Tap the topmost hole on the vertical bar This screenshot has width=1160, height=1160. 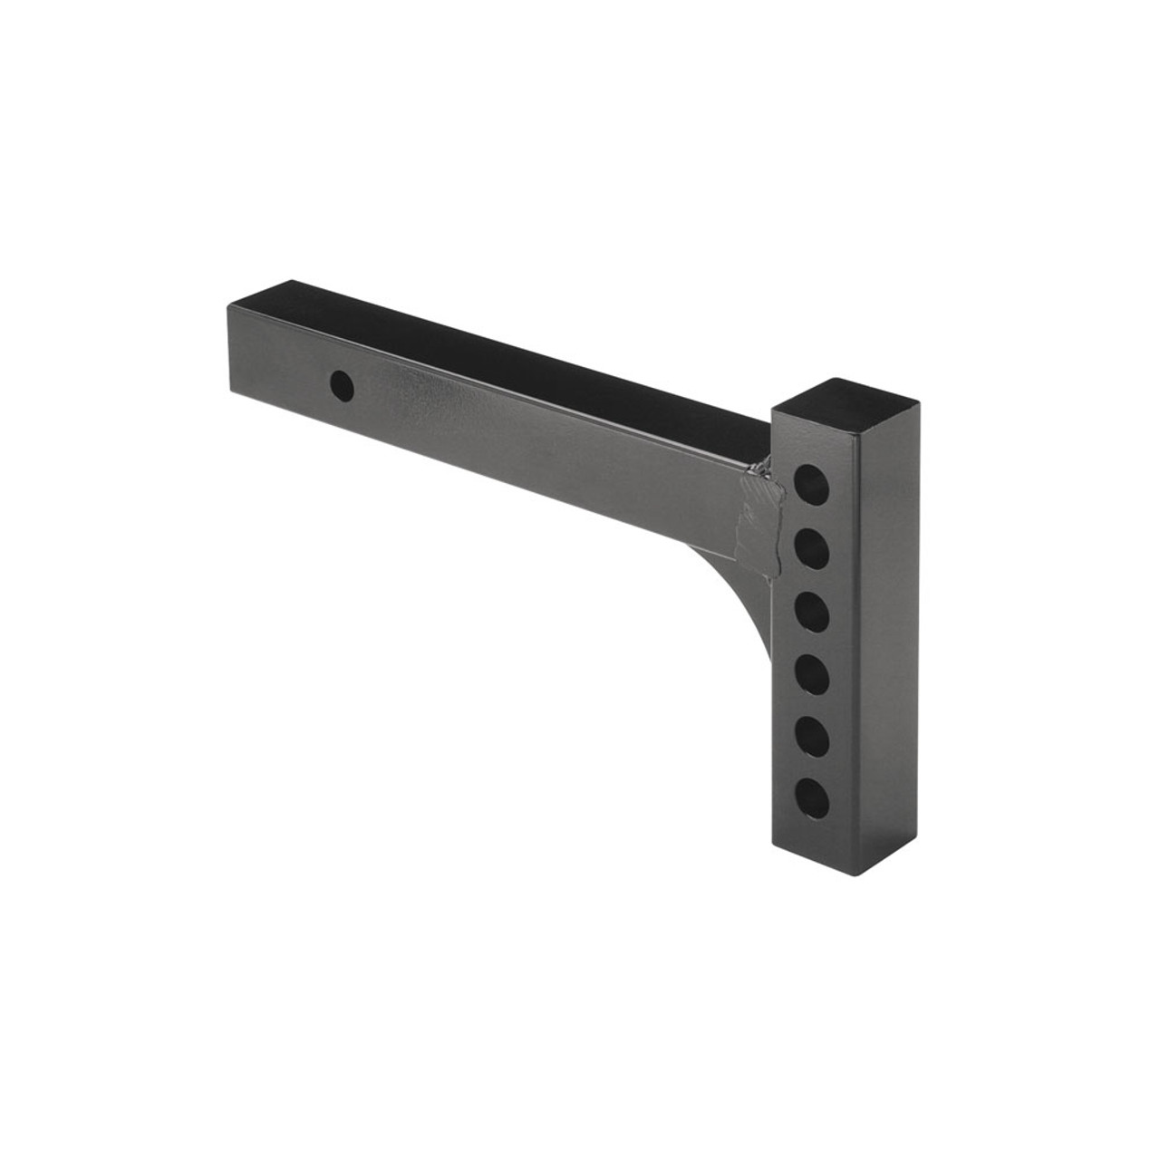point(812,479)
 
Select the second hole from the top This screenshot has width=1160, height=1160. point(813,546)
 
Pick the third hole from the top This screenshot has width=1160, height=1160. point(814,609)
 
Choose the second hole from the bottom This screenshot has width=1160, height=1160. point(815,733)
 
